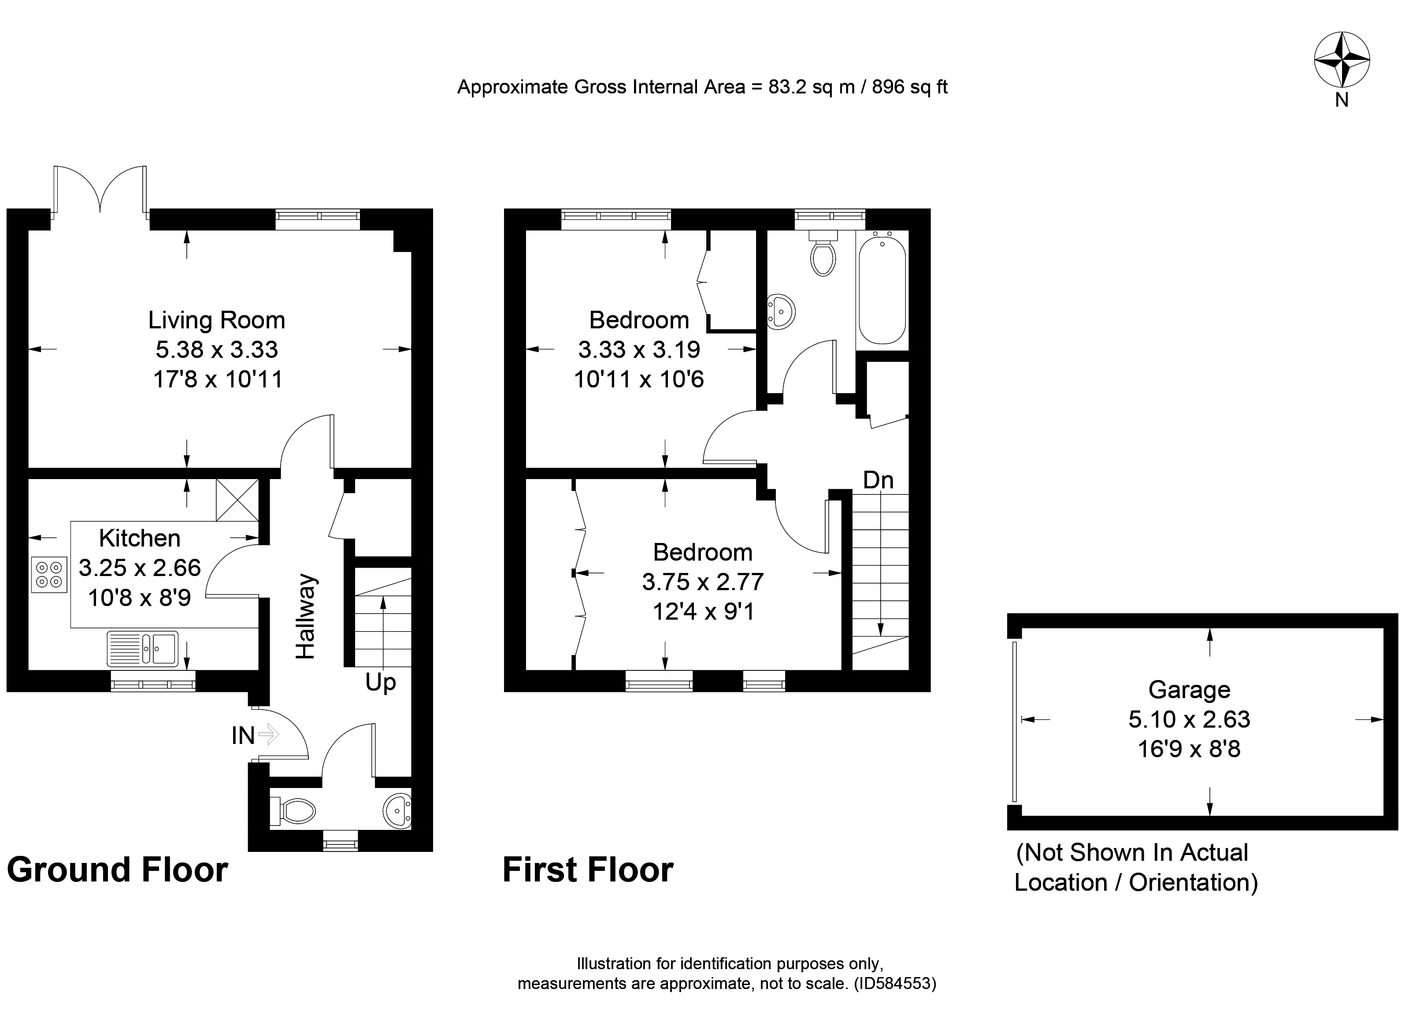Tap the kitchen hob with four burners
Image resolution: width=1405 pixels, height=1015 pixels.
point(49,574)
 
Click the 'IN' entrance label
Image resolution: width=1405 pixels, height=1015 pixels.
point(243,736)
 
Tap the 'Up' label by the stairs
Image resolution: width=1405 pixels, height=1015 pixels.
point(380,682)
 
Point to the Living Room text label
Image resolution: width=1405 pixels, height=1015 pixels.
point(216,320)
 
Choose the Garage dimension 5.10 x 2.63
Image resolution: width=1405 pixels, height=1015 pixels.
point(1189,719)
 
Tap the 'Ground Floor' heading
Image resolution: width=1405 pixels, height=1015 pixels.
point(117,870)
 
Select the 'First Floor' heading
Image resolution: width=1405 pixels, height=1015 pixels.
point(587,870)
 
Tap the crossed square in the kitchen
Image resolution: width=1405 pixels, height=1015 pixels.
point(237,499)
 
